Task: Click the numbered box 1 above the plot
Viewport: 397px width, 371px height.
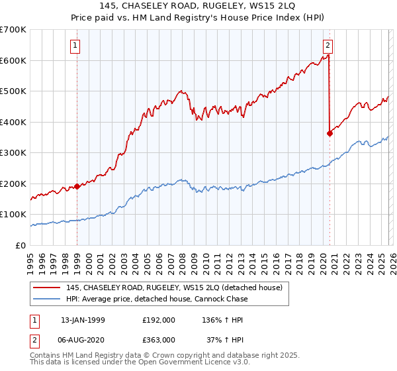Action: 77,46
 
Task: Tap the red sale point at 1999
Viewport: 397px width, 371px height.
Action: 77,186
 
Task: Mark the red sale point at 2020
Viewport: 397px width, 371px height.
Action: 330,133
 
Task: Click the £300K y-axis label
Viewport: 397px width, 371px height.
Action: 15,152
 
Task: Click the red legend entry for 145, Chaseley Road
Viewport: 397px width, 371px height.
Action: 174,288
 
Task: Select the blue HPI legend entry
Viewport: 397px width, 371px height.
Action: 156,299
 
